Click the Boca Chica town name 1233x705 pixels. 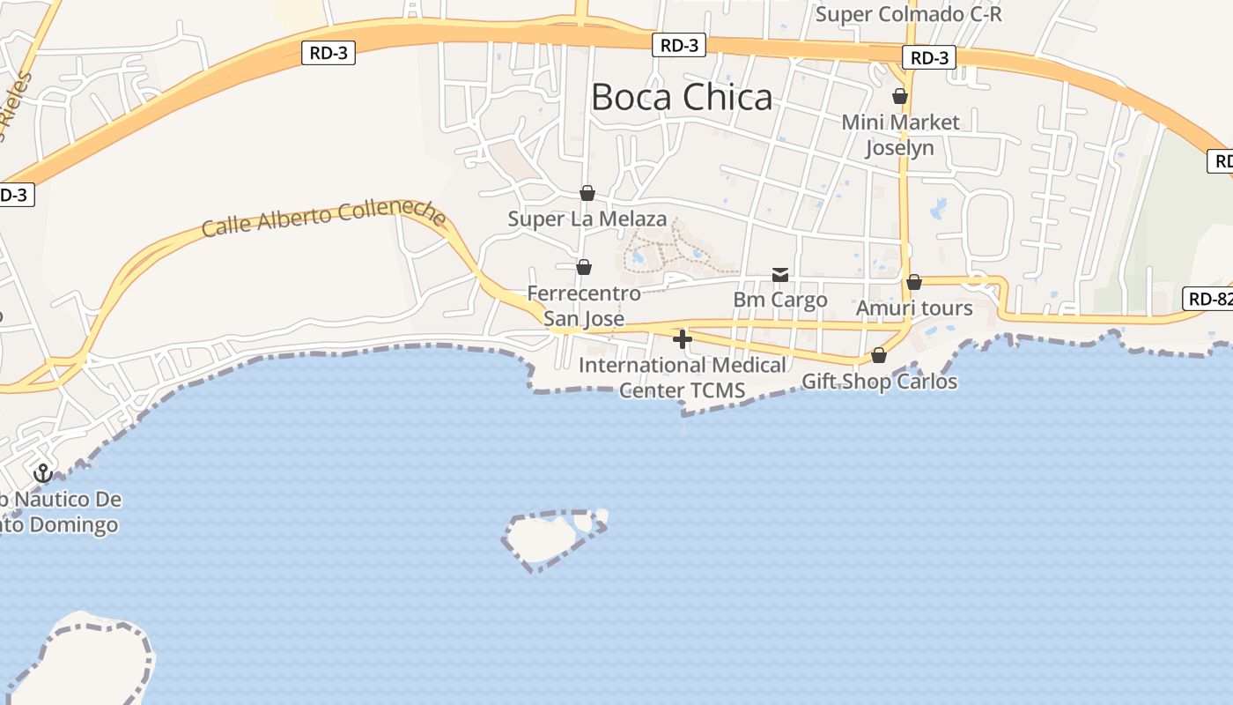tap(682, 97)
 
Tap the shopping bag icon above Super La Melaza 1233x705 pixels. tap(587, 193)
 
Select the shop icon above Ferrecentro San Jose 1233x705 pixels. tap(583, 266)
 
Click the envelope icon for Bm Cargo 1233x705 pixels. tap(780, 275)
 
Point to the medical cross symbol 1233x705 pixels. tap(683, 339)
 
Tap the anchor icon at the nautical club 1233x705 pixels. tap(42, 473)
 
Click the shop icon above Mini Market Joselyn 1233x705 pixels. tap(900, 95)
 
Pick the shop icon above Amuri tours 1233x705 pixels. tap(914, 282)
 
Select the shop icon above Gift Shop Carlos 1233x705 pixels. tap(879, 355)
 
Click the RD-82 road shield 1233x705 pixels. tap(1209, 299)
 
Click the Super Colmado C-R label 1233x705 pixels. tap(908, 15)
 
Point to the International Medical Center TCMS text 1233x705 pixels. tap(683, 377)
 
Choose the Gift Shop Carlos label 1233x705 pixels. tap(879, 382)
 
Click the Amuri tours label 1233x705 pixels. tap(914, 308)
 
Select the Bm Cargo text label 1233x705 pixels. tap(780, 300)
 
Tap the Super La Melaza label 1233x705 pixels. tap(587, 219)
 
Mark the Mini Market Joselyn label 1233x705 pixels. tap(900, 134)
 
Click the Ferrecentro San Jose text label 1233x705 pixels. tap(583, 305)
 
